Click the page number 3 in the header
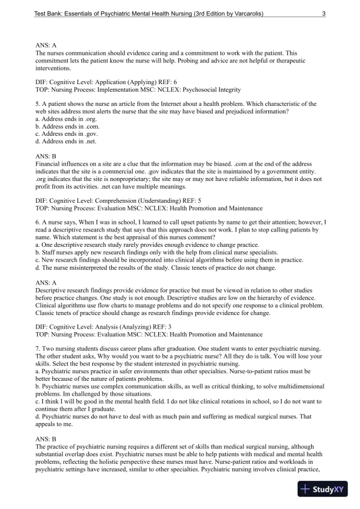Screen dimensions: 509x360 click(x=324, y=12)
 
